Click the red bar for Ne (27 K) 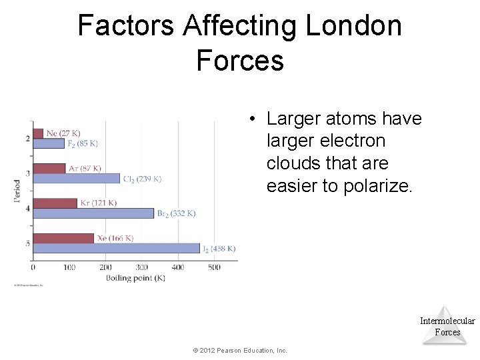38,133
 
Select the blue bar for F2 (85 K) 49,143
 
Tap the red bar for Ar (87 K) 49,168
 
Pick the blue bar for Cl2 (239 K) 77,179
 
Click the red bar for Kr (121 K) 55,203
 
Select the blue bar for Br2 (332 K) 93,213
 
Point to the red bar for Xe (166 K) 63,238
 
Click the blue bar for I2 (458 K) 116,248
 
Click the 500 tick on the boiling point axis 213,267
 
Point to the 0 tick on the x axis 33,267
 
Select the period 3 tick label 27,174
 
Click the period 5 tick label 27,243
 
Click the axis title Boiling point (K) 135,278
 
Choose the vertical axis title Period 17,191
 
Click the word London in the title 353,27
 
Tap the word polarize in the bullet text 377,186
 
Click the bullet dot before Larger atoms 253,119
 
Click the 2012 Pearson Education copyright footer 239,350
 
